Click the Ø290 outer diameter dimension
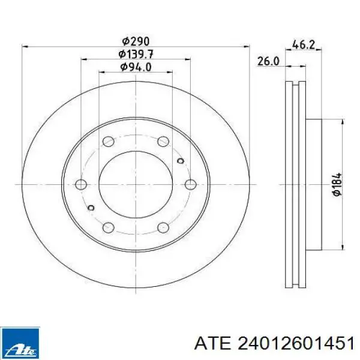(x=136, y=41)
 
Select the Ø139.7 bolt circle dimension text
(x=136, y=55)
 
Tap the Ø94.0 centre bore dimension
(x=136, y=67)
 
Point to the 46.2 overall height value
(x=303, y=44)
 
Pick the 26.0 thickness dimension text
(x=268, y=61)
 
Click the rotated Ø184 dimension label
(x=337, y=184)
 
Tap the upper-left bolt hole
(x=109, y=142)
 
